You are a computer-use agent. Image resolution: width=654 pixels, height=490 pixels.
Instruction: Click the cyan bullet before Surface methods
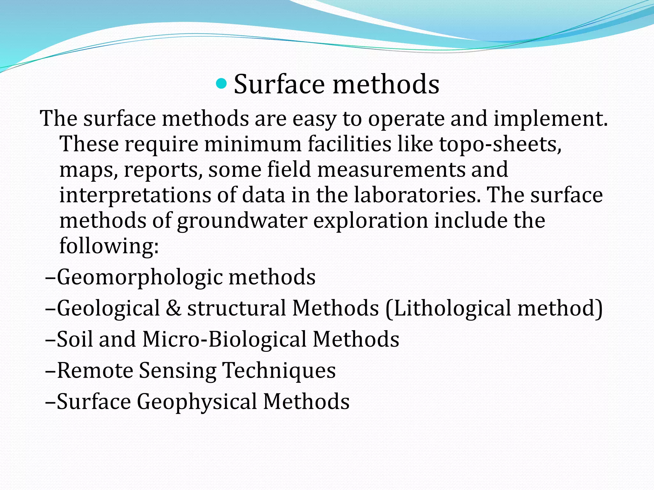(221, 84)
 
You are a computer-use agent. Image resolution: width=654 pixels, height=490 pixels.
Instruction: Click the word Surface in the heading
(279, 84)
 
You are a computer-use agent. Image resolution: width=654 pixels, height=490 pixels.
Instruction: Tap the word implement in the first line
(550, 119)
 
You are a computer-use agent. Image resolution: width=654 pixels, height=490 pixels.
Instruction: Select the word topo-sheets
(500, 144)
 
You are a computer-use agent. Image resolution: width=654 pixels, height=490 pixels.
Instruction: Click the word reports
(163, 170)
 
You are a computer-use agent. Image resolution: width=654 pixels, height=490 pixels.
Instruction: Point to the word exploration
(371, 221)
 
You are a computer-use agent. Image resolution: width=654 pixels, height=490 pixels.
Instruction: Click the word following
(109, 246)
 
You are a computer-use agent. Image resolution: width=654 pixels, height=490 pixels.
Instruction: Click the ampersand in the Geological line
(173, 308)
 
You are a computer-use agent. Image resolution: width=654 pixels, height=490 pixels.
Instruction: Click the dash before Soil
(51, 340)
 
